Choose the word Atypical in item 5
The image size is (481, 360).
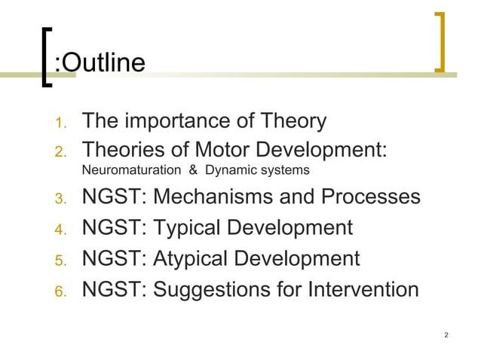194,259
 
